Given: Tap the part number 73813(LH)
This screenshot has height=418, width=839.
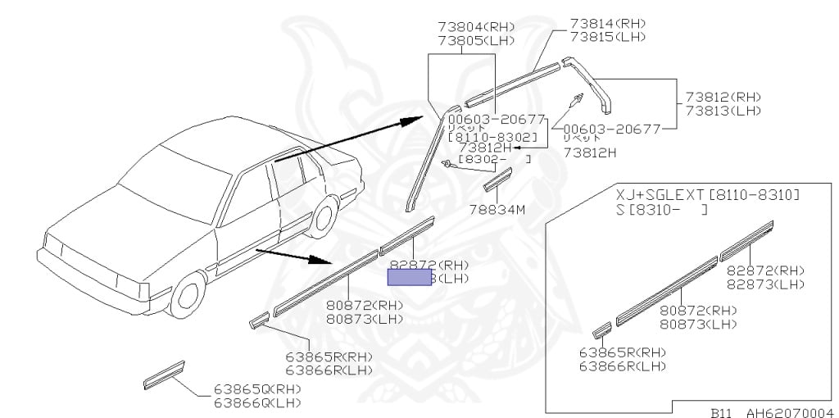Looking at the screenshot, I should [x=723, y=111].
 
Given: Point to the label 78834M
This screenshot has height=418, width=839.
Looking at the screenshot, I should [x=497, y=209].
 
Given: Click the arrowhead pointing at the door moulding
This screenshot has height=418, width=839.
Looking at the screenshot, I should [x=322, y=261].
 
